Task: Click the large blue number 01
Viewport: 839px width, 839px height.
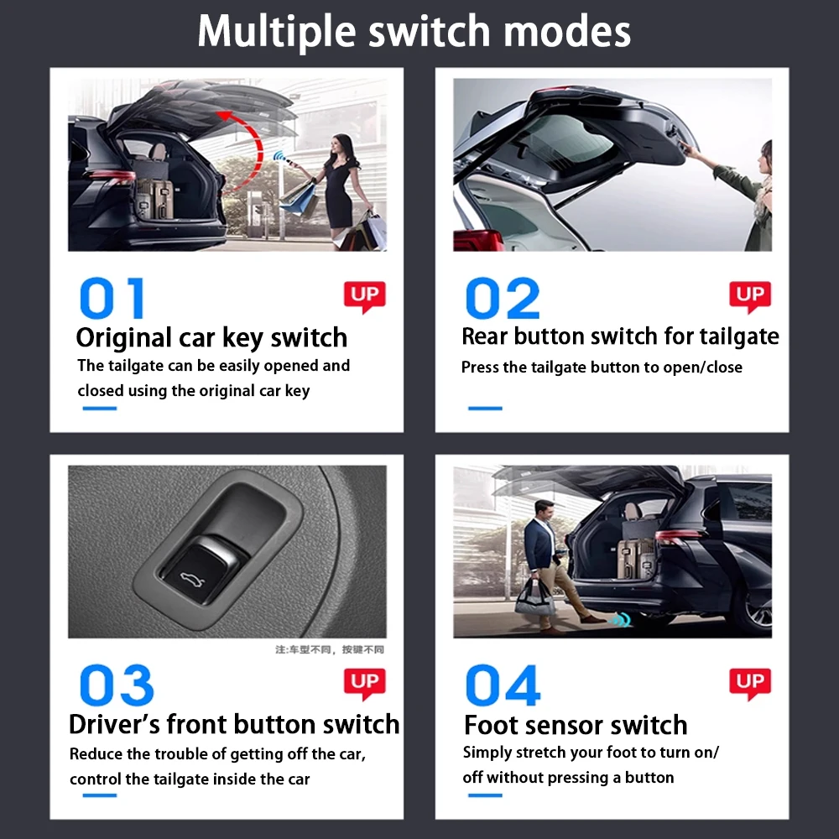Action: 112,299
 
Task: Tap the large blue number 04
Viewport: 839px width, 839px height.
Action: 502,685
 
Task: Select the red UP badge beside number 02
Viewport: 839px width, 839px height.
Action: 749,296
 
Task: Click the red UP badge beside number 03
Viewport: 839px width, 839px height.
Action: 364,683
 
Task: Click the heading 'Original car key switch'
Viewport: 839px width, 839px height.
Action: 211,337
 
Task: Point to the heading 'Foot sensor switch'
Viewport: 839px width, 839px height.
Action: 576,725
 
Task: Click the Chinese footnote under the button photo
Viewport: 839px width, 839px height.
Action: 330,649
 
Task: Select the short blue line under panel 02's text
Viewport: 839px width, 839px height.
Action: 484,409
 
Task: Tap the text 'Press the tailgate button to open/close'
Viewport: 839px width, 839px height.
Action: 602,367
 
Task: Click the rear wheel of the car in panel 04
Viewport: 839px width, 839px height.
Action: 755,608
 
